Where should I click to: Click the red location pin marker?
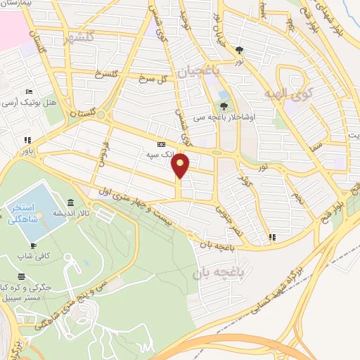pyautogui.click(x=181, y=165)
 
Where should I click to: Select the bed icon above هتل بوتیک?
pyautogui.click(x=29, y=91)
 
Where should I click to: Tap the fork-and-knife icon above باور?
pyautogui.click(x=27, y=139)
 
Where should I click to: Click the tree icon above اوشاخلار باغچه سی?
pyautogui.click(x=224, y=107)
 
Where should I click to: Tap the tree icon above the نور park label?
pyautogui.click(x=240, y=50)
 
